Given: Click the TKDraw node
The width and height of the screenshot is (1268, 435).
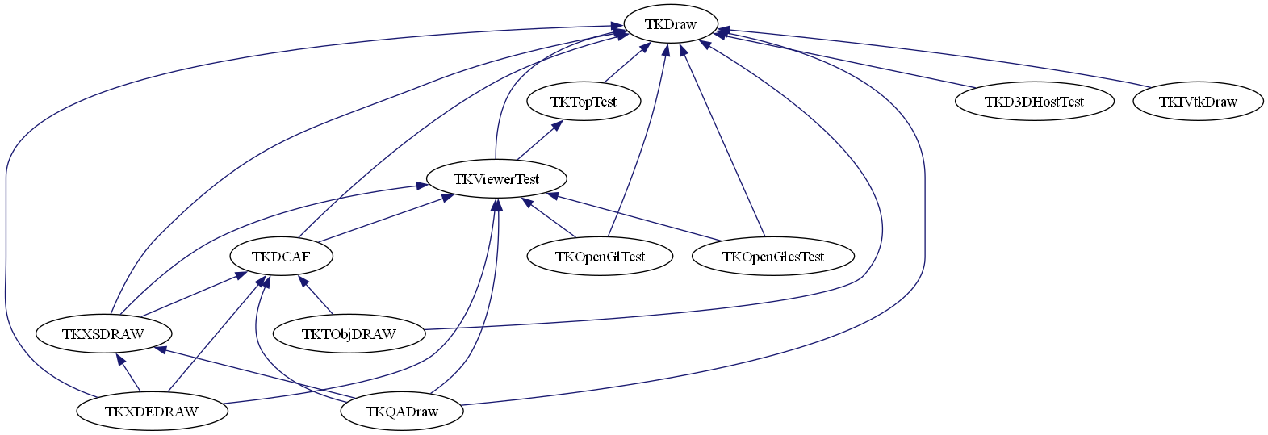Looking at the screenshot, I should (x=670, y=24).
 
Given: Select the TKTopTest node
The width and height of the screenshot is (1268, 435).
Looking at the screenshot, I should (x=584, y=102).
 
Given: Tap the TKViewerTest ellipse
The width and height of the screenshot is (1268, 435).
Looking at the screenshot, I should (x=496, y=179).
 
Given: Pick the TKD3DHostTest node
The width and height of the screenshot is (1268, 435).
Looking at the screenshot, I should (x=1034, y=102).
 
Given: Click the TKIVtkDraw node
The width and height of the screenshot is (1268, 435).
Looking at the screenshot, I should (x=1198, y=102).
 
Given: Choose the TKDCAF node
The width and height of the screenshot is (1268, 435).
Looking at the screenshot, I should (x=281, y=257).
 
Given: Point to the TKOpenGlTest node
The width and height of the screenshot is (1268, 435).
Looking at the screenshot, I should (x=600, y=257).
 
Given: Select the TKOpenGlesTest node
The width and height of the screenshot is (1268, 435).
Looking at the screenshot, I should (x=772, y=257).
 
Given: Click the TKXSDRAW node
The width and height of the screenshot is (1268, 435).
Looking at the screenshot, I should (x=103, y=334).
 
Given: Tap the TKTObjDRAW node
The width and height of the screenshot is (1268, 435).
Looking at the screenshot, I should (x=349, y=334).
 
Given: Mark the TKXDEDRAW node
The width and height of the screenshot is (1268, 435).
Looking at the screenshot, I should (x=152, y=412).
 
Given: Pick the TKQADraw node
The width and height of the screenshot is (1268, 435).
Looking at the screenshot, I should (x=402, y=412).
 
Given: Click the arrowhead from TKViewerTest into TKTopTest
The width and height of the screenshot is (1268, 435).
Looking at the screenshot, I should (x=556, y=126).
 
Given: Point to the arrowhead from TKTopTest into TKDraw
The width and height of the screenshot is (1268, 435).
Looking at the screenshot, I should (x=644, y=48).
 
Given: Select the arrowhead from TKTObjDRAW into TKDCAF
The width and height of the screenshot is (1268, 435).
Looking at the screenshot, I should (x=303, y=281).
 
